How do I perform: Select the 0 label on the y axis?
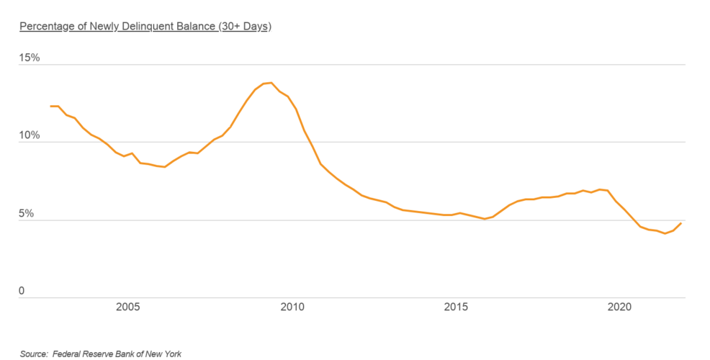[x=22, y=291]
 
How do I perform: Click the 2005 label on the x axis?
[x=128, y=307]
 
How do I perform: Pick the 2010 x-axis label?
[x=293, y=307]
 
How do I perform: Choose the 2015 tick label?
[x=457, y=307]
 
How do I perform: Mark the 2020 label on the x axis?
[x=620, y=307]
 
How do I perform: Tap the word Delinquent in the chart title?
[x=146, y=27]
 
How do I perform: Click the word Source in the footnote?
[x=33, y=354]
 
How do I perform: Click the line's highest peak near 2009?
[x=271, y=83]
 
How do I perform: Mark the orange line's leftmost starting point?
[x=50, y=106]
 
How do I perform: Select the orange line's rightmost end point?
[x=681, y=223]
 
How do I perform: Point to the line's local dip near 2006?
[x=165, y=167]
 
